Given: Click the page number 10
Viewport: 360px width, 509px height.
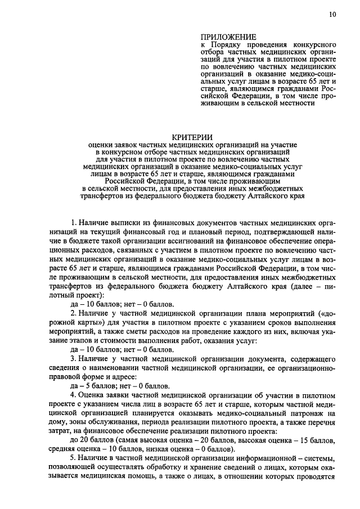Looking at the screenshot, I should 333,15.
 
